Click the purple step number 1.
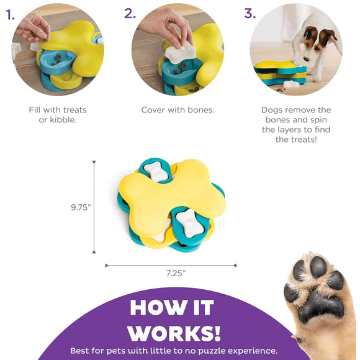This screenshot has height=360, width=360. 11,14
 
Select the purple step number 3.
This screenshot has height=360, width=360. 250,13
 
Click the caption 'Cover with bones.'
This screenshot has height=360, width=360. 178,110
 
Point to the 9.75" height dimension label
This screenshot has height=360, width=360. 81,208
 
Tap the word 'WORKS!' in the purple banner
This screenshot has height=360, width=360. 174,331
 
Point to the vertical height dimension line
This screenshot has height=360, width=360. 94,208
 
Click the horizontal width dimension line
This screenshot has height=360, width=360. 171,265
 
